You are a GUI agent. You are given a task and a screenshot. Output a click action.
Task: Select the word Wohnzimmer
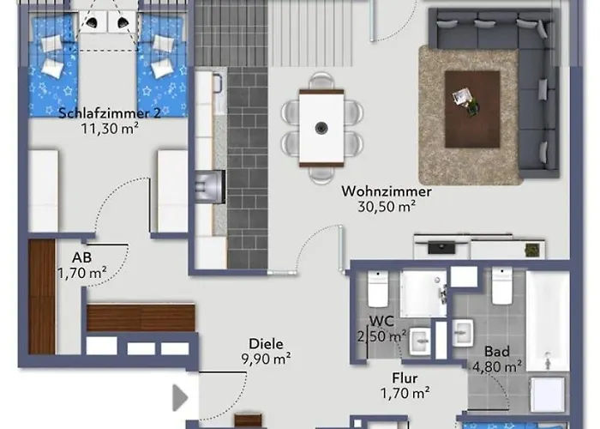(x=386, y=191)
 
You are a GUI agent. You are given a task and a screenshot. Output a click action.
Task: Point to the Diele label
(x=265, y=342)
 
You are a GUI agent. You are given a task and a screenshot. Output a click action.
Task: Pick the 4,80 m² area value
(x=497, y=366)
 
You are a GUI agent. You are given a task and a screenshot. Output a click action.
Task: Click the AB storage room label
(x=82, y=257)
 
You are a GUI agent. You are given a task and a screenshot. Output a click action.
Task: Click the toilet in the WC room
(x=378, y=289)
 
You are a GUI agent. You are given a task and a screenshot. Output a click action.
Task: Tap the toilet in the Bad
(x=502, y=287)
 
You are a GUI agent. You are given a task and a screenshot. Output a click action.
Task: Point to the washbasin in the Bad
(x=464, y=331)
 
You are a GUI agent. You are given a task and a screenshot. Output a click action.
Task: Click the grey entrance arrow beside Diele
(x=180, y=398)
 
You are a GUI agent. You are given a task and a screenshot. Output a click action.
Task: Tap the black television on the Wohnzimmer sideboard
(x=441, y=248)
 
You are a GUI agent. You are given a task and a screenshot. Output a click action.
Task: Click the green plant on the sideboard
(x=532, y=250)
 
